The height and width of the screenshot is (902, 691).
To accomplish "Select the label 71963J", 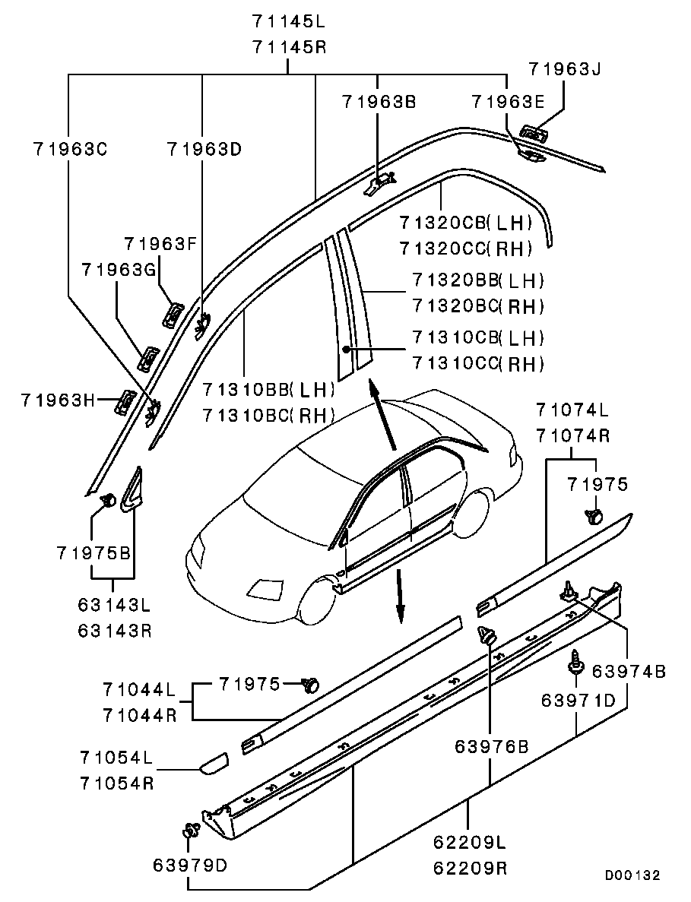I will [x=563, y=69].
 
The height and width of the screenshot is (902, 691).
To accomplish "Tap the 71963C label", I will [x=69, y=149].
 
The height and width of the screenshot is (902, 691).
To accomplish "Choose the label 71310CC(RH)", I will [x=478, y=363].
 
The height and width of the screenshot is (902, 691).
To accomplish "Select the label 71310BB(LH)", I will [x=269, y=389].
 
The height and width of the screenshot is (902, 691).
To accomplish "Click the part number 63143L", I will [x=114, y=605].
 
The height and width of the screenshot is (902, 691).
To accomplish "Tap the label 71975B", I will [x=93, y=552].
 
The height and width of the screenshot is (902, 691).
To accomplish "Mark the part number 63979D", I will [x=190, y=865].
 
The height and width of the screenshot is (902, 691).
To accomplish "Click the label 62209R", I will [x=470, y=867].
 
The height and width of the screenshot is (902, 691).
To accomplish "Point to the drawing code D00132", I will [x=632, y=875].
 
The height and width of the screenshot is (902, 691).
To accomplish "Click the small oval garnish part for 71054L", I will [x=214, y=762].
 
